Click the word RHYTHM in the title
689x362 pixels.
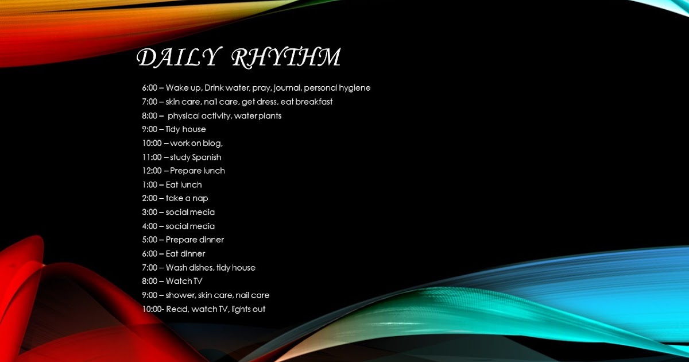[x=287, y=57]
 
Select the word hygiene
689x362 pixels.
[x=354, y=88]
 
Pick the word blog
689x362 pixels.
[x=212, y=143]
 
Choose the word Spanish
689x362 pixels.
[x=207, y=157]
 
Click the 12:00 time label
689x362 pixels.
[x=152, y=171]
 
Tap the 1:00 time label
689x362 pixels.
[x=150, y=184]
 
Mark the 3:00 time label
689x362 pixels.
[x=150, y=212]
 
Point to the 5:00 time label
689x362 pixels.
[x=150, y=240]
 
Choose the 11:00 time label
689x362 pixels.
[x=152, y=157]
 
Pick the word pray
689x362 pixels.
[x=261, y=88]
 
